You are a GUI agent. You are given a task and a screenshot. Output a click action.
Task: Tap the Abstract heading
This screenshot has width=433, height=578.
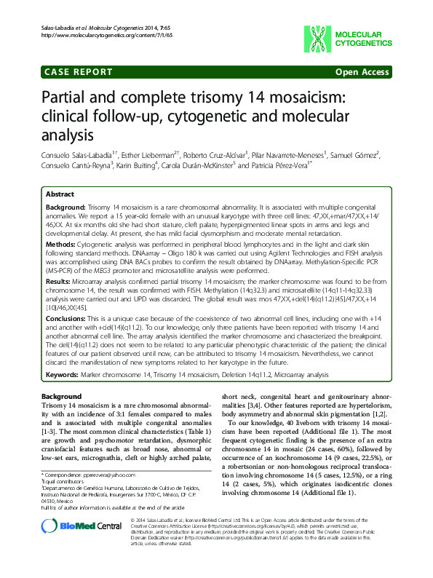pos(59,195)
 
